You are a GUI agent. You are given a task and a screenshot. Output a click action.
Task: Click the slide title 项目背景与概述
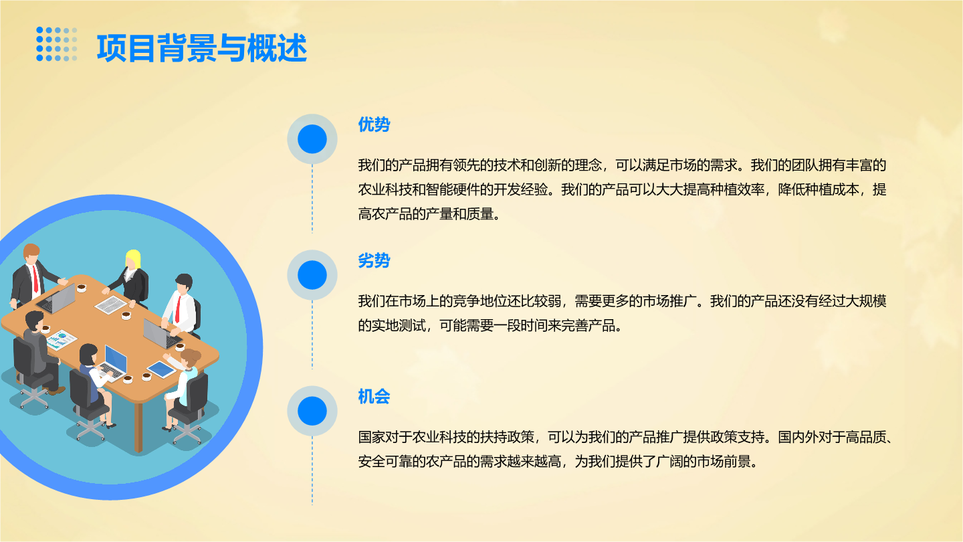coord(202,48)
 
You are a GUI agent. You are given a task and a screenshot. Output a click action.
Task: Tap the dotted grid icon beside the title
coord(57,44)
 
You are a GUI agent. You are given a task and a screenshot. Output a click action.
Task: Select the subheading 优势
coord(374,124)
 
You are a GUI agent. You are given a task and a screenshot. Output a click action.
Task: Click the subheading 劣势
coord(374,260)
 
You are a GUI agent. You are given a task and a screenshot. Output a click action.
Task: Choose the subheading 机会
coord(374,396)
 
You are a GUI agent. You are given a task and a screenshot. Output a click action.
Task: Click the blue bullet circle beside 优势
coord(312,139)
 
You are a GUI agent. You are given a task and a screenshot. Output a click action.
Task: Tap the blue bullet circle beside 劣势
coord(312,275)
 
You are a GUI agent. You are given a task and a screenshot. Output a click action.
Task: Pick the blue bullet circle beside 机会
coord(312,411)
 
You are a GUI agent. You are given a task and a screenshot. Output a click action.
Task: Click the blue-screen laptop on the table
coord(114,364)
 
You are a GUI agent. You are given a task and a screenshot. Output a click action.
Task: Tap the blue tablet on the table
coord(161,369)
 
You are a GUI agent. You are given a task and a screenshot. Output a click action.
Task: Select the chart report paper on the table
coord(62,340)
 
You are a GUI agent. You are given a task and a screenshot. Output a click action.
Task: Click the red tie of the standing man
coord(35,279)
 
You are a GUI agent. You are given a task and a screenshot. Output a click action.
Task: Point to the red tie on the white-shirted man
coord(178,309)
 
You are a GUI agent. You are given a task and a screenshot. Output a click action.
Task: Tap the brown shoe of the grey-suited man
coord(56,391)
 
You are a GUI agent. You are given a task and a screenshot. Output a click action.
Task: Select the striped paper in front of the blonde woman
coord(111,305)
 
